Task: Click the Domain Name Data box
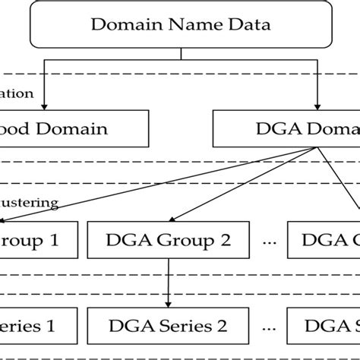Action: click(180, 24)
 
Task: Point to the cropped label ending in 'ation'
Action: click(17, 94)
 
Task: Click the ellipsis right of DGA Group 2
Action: click(267, 241)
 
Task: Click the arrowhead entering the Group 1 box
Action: click(5, 220)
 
